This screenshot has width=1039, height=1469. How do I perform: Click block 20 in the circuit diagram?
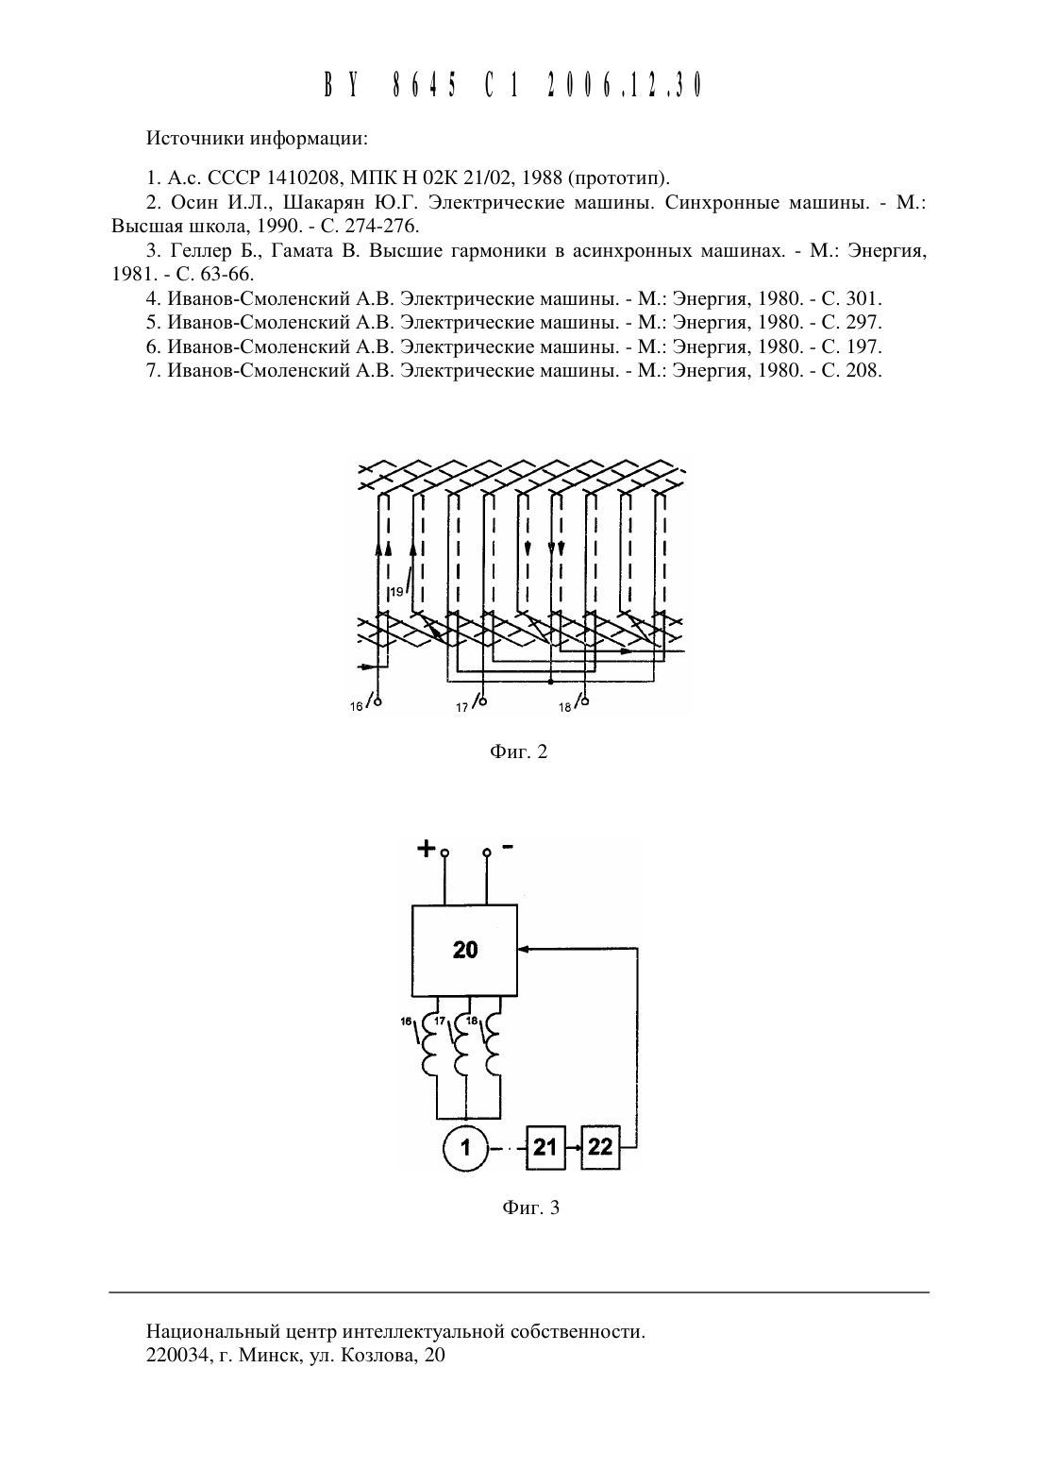tap(464, 950)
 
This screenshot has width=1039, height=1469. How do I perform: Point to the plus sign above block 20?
tap(427, 849)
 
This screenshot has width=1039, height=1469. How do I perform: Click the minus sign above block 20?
tap(508, 847)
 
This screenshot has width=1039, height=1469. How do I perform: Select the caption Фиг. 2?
tap(518, 751)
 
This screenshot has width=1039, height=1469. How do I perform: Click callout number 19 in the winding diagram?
tap(396, 592)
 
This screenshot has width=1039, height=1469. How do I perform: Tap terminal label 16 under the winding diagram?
tap(356, 706)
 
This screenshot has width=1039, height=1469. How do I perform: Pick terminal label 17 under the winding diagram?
tap(462, 708)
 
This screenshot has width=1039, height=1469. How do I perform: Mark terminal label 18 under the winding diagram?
tap(565, 708)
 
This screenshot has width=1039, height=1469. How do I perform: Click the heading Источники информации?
tap(257, 139)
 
